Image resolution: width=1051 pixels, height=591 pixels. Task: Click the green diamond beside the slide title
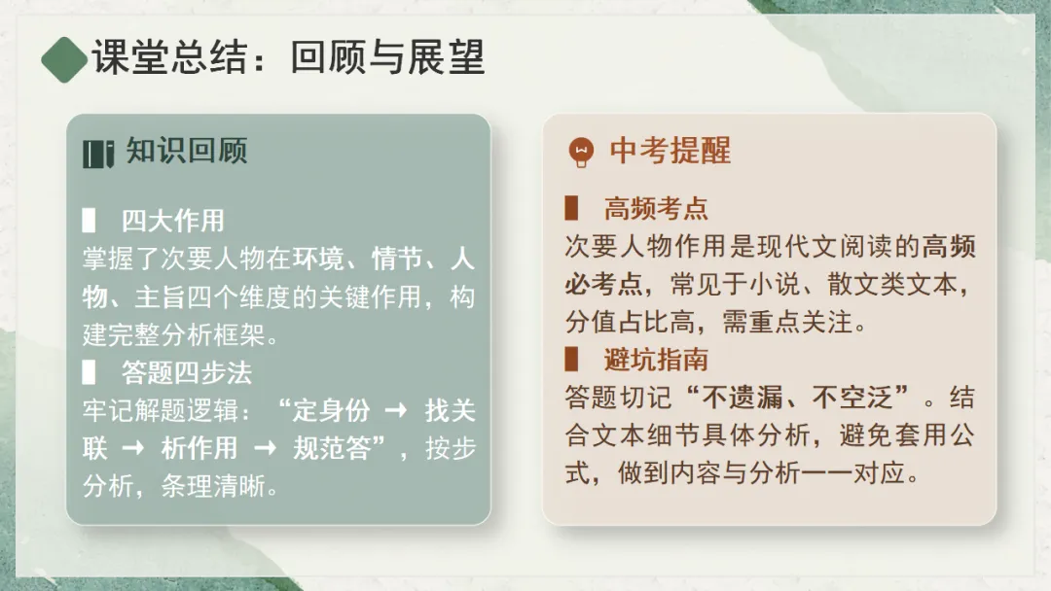click(x=64, y=59)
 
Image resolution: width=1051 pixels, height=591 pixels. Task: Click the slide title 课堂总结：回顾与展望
click(x=288, y=58)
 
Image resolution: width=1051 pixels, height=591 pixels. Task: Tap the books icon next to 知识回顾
click(x=98, y=154)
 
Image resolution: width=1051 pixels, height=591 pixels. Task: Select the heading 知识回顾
click(x=187, y=151)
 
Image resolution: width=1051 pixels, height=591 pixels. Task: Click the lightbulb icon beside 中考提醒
click(x=580, y=152)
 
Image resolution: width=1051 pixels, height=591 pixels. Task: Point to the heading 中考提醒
click(x=670, y=151)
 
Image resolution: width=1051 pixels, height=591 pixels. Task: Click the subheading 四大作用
click(x=172, y=221)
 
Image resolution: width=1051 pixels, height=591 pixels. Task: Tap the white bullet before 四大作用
click(x=89, y=221)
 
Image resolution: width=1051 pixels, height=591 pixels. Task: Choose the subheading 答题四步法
click(x=187, y=372)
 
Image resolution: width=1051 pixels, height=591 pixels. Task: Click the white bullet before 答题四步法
click(x=89, y=372)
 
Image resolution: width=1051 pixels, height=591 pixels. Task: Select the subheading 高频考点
click(x=656, y=208)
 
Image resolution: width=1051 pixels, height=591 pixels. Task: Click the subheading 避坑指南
click(x=656, y=360)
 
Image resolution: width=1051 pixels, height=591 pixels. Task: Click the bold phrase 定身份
click(x=331, y=410)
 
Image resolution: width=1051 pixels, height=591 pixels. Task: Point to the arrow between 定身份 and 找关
click(x=396, y=410)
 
